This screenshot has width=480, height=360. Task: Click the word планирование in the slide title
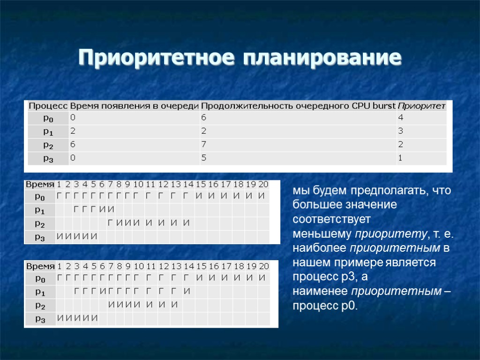coord(322,58)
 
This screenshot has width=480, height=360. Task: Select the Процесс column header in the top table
coord(48,106)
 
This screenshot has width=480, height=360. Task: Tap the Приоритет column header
coord(421,106)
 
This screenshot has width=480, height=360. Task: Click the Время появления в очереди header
coord(135,106)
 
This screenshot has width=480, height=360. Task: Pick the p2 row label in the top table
coord(48,145)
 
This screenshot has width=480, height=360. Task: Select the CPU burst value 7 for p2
coord(204,145)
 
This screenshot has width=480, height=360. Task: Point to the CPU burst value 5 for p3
coord(204,158)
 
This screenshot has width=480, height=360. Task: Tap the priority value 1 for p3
coord(400,158)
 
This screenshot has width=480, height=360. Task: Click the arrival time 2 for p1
coord(73,131)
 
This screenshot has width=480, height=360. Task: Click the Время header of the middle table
coord(39,184)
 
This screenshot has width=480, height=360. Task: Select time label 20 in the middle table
coord(263,184)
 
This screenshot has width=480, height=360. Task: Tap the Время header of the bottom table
coord(39,266)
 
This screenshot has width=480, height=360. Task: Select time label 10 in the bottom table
coord(139,266)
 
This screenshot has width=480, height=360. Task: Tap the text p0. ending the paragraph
coord(347,306)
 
